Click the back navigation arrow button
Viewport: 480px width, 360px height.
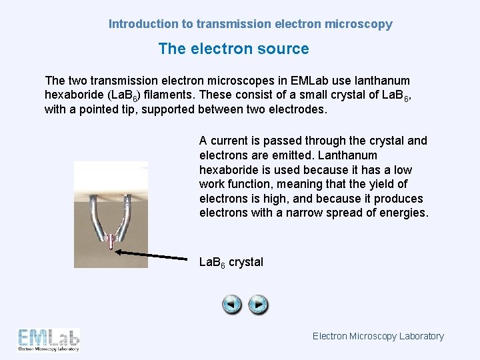pyautogui.click(x=232, y=305)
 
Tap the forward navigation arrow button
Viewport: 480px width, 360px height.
pyautogui.click(x=259, y=305)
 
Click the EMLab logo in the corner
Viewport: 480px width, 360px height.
pyautogui.click(x=49, y=340)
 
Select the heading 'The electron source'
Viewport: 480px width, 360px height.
pyautogui.click(x=233, y=49)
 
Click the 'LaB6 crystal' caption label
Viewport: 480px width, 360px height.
pyautogui.click(x=231, y=262)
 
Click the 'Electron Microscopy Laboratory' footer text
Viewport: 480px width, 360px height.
pyautogui.click(x=378, y=336)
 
